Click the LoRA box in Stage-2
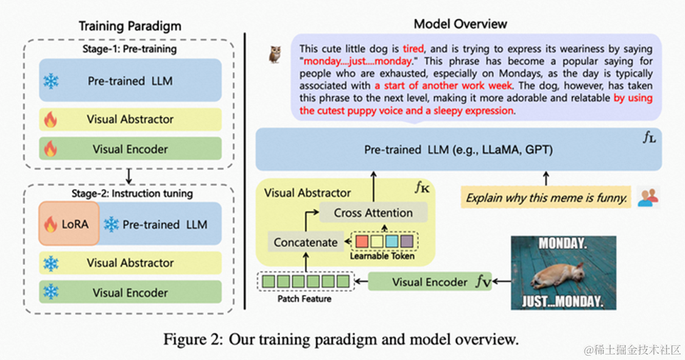pyautogui.click(x=69, y=224)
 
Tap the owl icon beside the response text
pyautogui.click(x=275, y=54)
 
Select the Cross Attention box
pyautogui.click(x=373, y=213)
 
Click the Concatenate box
pyautogui.click(x=305, y=242)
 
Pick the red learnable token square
pyautogui.click(x=362, y=241)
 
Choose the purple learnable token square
pyautogui.click(x=406, y=241)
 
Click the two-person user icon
pyautogui.click(x=648, y=196)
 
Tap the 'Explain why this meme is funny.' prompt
pyautogui.click(x=546, y=197)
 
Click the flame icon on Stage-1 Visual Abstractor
pyautogui.click(x=51, y=119)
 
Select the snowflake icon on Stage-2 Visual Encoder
pyautogui.click(x=51, y=292)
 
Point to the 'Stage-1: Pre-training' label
pyautogui.click(x=129, y=49)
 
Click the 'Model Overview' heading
pyautogui.click(x=460, y=24)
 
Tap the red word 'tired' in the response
pyautogui.click(x=412, y=48)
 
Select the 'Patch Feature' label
pyautogui.click(x=304, y=299)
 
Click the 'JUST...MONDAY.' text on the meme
pyautogui.click(x=563, y=302)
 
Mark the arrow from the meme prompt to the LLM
pyautogui.click(x=546, y=178)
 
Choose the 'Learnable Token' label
pyautogui.click(x=382, y=256)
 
